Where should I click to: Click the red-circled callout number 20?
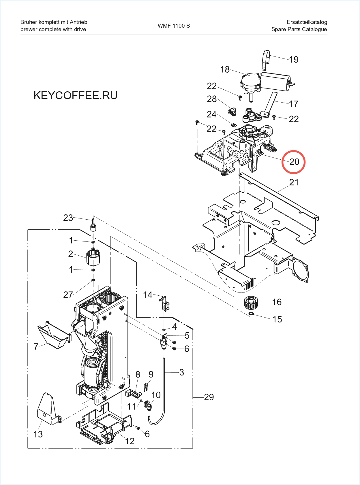pos(294,162)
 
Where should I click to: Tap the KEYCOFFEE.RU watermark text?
pos(75,95)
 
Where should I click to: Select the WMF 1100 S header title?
pos(174,26)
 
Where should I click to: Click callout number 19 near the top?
pos(294,60)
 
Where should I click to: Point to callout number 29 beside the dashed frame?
pos(209,397)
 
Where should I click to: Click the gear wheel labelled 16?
pos(251,302)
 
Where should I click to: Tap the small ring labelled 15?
pos(251,314)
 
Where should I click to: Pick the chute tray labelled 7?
pos(53,334)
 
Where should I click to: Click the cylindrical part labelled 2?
pos(93,257)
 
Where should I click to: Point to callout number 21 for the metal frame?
pos(294,182)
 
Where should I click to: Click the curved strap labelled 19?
pos(266,60)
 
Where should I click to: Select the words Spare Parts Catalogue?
pos(299,29)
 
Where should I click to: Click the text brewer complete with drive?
pos(53,29)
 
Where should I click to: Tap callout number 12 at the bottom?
pos(130,441)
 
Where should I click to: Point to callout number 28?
pos(211,99)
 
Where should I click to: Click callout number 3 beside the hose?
pos(181,372)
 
